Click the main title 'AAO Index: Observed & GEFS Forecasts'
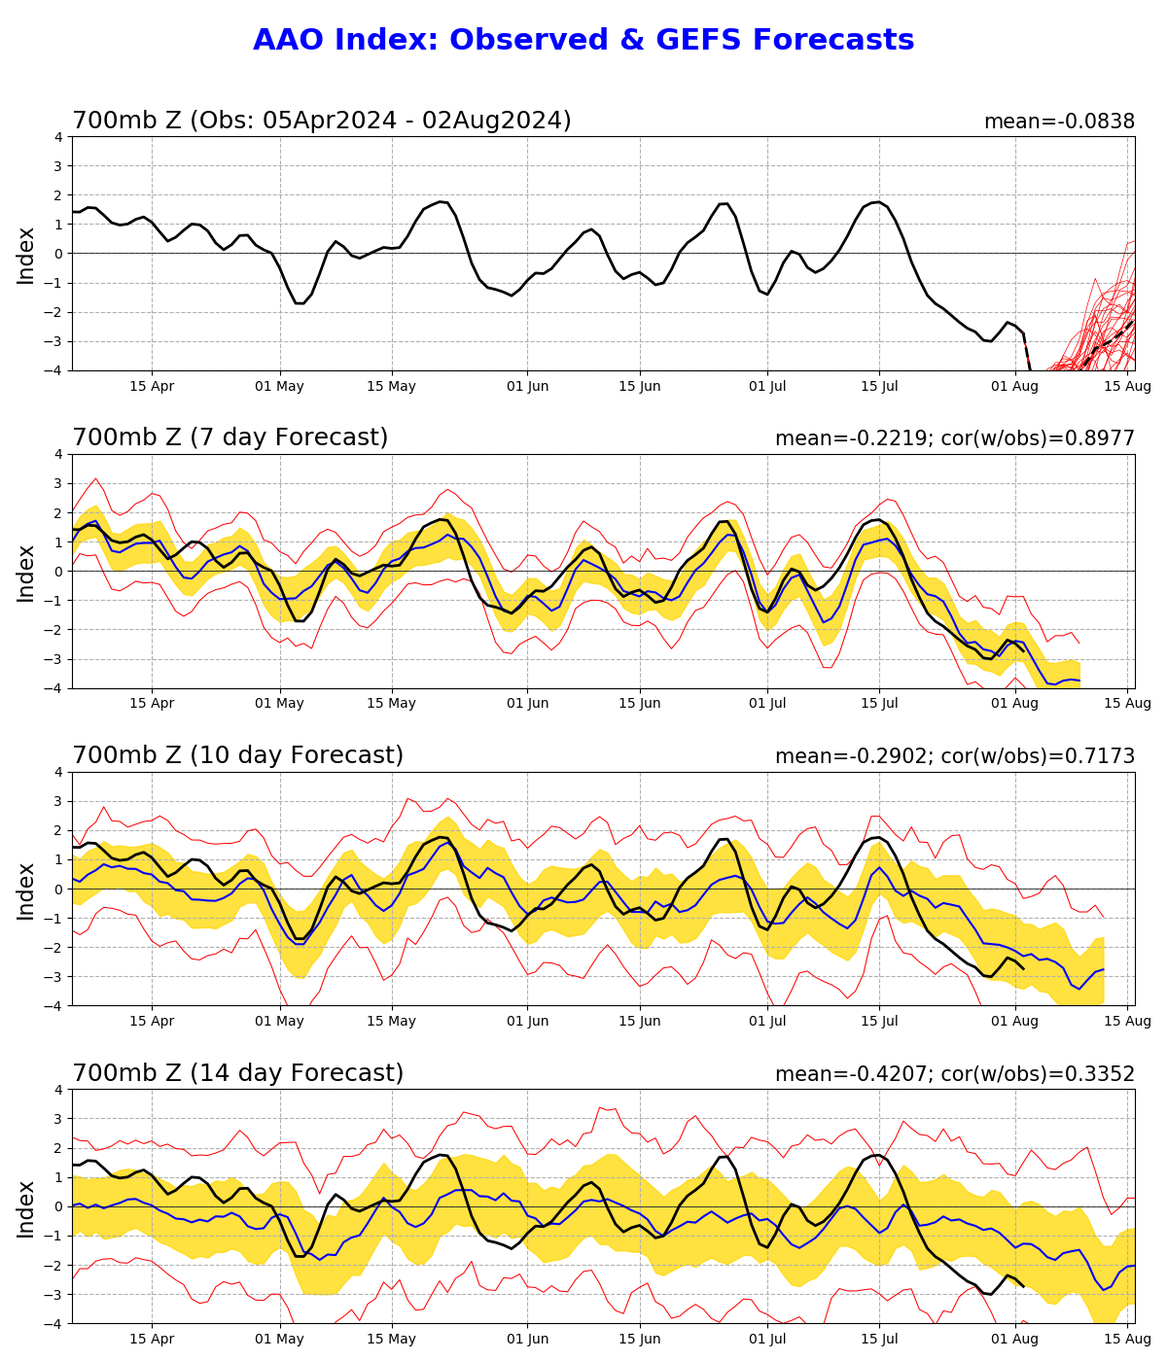pos(583,40)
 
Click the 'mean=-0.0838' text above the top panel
pos(1059,122)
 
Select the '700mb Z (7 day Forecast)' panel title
pos(230,437)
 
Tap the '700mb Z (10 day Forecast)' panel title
pos(237,755)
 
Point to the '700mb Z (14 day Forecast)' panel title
pos(237,1073)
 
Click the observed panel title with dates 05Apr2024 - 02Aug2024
pos(321,121)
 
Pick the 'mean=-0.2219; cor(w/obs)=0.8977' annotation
pos(954,438)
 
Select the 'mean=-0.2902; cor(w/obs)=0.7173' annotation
pos(954,756)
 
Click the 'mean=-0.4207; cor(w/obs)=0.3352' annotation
pos(954,1074)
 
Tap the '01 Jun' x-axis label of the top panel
pos(528,386)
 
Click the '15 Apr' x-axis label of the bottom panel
pos(152,1340)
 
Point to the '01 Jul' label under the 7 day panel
pos(767,704)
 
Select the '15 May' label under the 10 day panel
pos(391,1022)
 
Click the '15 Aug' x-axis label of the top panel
pos(1128,386)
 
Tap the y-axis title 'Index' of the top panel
pos(26,255)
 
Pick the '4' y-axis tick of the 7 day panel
pos(59,454)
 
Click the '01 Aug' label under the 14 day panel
pos(1016,1340)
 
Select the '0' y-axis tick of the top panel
pos(59,254)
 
